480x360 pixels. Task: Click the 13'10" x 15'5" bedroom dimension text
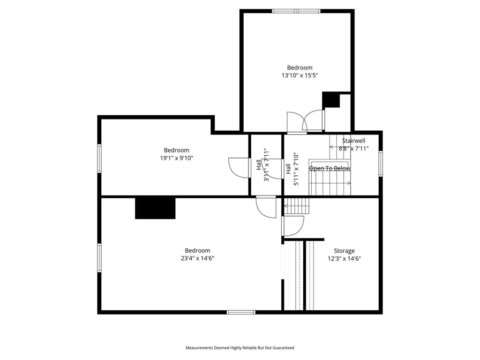[x=300, y=75]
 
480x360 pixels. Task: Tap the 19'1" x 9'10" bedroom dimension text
[x=176, y=158]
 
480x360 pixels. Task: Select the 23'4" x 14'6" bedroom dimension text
[x=197, y=258]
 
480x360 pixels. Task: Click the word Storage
[x=344, y=251]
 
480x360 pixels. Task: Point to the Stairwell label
[x=353, y=141]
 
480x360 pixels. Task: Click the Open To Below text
[x=330, y=168]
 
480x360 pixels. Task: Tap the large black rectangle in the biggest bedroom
[x=155, y=208]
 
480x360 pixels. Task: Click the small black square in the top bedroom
[x=331, y=100]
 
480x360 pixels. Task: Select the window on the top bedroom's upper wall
[x=296, y=11]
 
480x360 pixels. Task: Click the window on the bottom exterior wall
[x=241, y=312]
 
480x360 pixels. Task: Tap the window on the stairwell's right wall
[x=381, y=163]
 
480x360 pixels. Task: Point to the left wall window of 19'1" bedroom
[x=99, y=158]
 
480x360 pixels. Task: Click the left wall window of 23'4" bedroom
[x=99, y=257]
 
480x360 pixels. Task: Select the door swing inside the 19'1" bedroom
[x=239, y=168]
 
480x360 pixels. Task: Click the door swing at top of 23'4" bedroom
[x=266, y=207]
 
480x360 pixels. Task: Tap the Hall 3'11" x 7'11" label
[x=262, y=165]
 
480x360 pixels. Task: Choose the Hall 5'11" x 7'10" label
[x=292, y=169]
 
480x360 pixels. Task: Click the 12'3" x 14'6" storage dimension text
[x=344, y=258]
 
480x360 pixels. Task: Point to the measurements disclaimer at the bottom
[x=240, y=348]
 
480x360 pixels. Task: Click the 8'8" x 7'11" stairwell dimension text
[x=353, y=149]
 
